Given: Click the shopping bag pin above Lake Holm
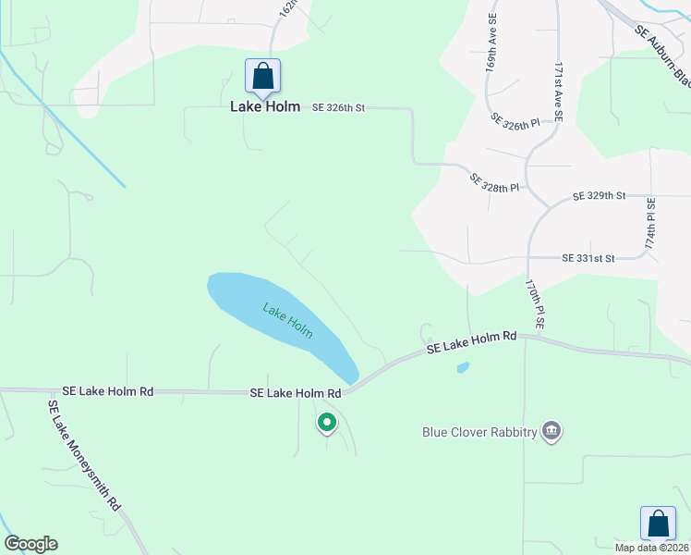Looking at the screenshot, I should pos(262,76).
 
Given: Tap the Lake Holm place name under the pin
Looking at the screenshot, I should pos(265,107).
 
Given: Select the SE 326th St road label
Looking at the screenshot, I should pos(338,108).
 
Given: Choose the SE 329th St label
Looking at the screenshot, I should pos(599,196).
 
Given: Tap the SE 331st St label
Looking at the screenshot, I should pos(588,259).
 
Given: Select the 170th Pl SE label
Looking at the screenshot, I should pos(534,304).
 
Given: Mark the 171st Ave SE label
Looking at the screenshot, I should pos(558,93).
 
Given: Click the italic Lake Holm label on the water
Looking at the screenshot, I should pos(287,321).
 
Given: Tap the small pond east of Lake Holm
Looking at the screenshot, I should pos(463,367).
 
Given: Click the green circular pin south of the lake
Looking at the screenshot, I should pos(326,423).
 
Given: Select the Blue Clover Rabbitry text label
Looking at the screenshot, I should pos(479,431).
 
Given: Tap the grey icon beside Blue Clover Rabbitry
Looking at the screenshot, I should pos(552,431).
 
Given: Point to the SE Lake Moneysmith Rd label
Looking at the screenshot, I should pos(85,454).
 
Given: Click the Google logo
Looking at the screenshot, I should pos(30,544).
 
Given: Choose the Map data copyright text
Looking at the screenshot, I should pos(652,547).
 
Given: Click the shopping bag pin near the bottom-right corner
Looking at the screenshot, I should pos(658,523).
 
